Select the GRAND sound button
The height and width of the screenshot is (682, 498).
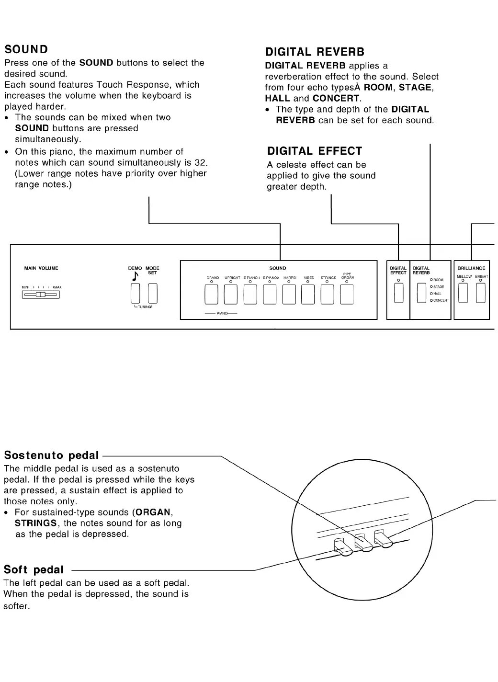tap(211, 294)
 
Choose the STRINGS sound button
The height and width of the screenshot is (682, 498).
tap(327, 294)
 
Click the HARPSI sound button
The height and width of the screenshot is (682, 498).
tap(289, 294)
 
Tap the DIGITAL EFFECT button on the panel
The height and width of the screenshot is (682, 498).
tap(398, 293)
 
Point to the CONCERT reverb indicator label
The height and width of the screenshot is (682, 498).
tap(441, 300)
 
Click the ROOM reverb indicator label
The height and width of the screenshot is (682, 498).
tap(438, 280)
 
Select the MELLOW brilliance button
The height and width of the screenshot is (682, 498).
tap(463, 293)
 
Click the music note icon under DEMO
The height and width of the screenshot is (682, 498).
tap(135, 276)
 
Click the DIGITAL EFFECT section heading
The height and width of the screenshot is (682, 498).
tap(315, 151)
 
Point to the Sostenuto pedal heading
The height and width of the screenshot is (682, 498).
tap(51, 455)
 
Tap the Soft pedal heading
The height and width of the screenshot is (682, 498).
tap(34, 570)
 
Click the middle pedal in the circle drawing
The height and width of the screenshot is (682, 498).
tap(363, 543)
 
